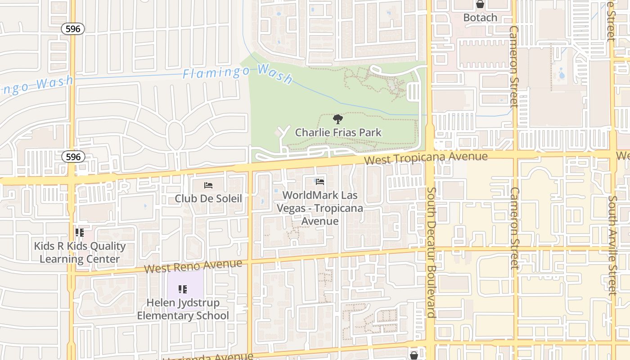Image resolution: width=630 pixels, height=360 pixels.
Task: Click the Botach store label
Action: [480, 18]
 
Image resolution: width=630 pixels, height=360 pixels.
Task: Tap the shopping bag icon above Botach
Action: [480, 5]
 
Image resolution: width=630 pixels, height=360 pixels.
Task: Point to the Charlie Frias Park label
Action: [338, 132]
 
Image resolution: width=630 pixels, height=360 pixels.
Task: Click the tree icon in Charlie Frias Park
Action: [338, 119]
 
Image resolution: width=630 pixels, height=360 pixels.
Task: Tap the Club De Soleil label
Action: [208, 198]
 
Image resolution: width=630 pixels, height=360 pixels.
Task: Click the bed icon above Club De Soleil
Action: [208, 185]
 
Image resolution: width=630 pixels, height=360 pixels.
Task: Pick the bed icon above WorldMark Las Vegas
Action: [320, 181]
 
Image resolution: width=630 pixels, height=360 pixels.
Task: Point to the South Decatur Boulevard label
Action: [431, 252]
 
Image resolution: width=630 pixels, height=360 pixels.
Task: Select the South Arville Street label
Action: [612, 245]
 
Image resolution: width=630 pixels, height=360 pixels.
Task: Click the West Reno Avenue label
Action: [193, 265]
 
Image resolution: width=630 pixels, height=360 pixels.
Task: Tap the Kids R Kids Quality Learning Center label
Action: [80, 252]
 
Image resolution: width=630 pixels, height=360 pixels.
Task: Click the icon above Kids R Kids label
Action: [80, 233]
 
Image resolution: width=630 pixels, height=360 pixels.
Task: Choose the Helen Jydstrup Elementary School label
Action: [183, 309]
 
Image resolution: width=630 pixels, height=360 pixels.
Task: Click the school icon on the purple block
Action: [183, 289]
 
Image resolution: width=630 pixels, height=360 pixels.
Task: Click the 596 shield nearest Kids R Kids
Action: [73, 157]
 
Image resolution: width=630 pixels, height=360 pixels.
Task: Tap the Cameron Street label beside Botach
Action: [514, 66]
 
